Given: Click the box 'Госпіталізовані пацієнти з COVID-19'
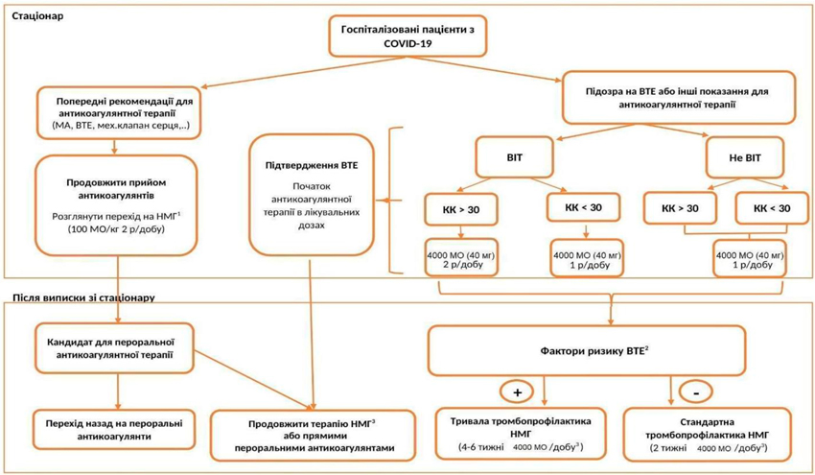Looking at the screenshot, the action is [x=408, y=36].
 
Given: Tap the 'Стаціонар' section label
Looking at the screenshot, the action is [x=38, y=16].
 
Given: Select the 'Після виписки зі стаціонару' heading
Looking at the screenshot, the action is [x=83, y=298].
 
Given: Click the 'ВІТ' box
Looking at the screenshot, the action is [x=515, y=157].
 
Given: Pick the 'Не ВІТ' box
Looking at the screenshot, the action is [x=745, y=157].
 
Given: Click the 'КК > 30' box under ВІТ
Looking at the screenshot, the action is [x=461, y=209].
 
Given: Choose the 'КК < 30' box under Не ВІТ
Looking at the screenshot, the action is [x=772, y=208].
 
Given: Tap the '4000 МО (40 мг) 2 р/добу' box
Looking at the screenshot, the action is [x=461, y=257].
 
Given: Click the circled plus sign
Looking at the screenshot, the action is [x=517, y=392].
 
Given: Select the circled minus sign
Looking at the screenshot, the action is [x=696, y=392].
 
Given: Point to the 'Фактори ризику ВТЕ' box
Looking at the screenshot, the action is [x=588, y=350].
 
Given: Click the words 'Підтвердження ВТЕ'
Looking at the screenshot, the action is [x=312, y=165].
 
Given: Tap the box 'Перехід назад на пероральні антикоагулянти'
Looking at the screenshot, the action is [x=114, y=430].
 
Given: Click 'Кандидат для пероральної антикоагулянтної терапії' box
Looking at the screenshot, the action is [x=114, y=348].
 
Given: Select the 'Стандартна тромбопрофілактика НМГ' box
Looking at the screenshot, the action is [x=707, y=435].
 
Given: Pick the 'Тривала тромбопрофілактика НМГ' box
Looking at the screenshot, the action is [x=521, y=434].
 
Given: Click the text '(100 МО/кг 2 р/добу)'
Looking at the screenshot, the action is [x=116, y=229].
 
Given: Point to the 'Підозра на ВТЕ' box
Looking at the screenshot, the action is [x=679, y=98].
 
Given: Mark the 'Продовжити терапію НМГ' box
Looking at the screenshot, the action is [x=314, y=436].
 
